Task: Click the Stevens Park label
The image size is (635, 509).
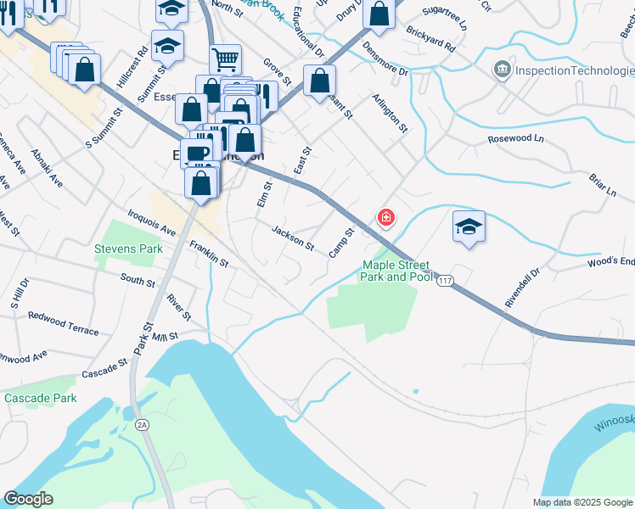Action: (x=128, y=250)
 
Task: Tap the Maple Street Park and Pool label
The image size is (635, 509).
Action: (x=397, y=270)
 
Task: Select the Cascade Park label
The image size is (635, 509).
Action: (x=40, y=398)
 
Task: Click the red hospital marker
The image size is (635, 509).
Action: (x=386, y=218)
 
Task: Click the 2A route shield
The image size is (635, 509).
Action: (x=142, y=424)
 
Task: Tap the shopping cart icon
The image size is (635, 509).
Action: (x=226, y=59)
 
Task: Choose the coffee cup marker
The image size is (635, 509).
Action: (x=197, y=153)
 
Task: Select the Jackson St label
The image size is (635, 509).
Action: (x=293, y=238)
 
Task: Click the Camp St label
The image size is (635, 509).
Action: (x=340, y=243)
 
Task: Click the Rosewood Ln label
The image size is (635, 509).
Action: (x=514, y=137)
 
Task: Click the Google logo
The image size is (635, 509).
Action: (x=28, y=499)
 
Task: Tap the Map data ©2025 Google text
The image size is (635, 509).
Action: (x=582, y=502)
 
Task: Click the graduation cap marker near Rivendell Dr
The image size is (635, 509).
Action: (x=468, y=227)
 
